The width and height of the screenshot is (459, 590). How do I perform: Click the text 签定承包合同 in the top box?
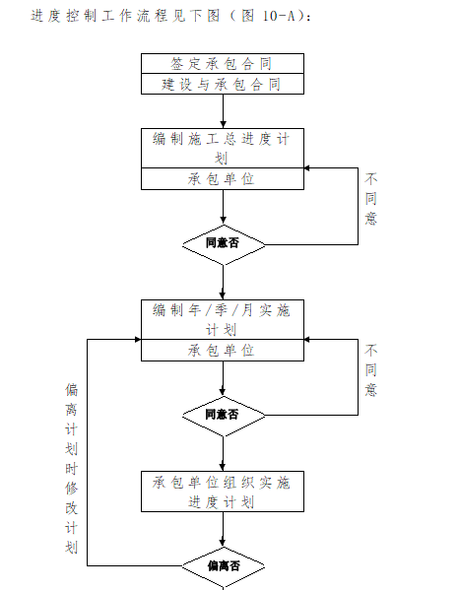point(222,63)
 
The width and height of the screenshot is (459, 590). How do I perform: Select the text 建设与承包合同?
point(222,84)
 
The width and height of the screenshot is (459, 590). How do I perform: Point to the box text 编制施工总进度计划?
point(222,148)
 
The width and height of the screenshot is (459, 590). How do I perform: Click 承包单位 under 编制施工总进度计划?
point(222,178)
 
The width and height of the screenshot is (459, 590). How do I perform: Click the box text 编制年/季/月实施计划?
point(222,319)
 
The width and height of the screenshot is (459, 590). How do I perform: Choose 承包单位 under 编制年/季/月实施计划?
point(222,350)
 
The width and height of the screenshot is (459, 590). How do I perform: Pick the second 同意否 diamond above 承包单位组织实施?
point(223,415)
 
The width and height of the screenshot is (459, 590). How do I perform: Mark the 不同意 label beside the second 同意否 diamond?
point(370,370)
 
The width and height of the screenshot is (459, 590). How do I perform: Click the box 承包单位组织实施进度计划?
point(222,492)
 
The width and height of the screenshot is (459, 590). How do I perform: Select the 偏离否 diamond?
point(224,566)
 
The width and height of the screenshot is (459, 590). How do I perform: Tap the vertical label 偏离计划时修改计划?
point(71,469)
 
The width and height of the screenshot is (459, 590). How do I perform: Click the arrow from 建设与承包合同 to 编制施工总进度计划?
point(223,110)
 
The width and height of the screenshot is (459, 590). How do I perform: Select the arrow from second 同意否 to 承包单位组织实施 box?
point(223,452)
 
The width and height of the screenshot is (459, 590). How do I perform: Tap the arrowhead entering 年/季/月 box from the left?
point(135,339)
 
